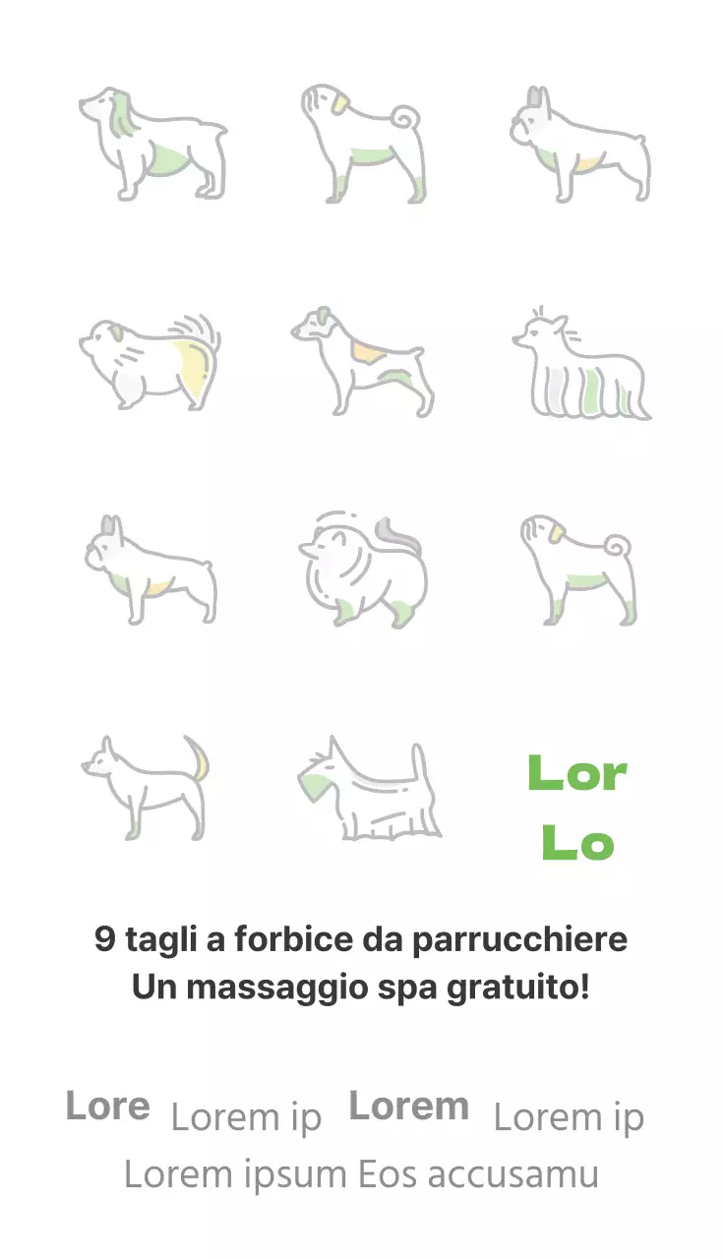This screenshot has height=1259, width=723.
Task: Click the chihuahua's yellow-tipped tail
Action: tap(201, 760)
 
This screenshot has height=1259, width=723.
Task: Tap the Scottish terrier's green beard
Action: tap(315, 785)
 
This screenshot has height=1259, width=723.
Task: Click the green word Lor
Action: tap(577, 774)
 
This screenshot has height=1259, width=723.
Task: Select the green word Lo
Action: tap(577, 844)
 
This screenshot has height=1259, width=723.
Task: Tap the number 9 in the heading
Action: tap(105, 939)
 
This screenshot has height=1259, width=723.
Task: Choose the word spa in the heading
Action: tap(409, 987)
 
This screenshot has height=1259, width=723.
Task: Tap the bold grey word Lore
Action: tap(107, 1107)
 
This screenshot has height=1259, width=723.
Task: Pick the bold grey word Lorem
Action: tap(408, 1107)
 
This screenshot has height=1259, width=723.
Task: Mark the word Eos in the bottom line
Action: tap(387, 1174)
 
